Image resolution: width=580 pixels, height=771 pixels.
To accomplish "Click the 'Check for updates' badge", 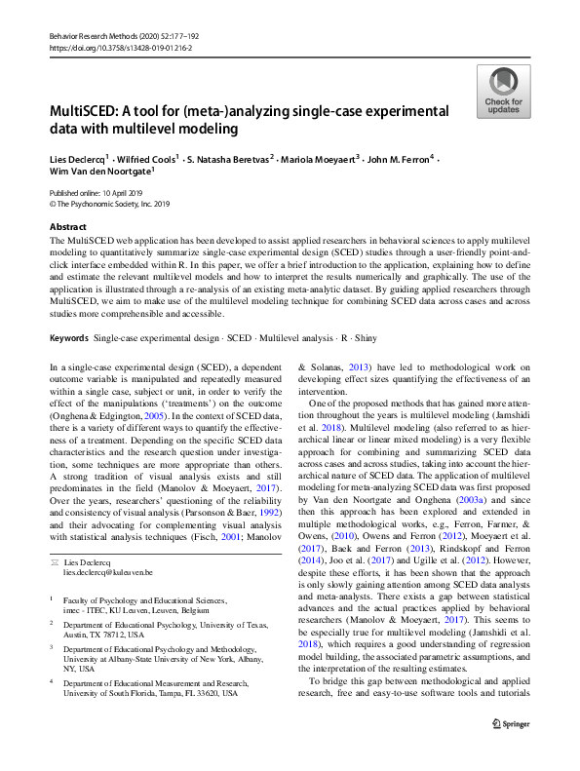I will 503,92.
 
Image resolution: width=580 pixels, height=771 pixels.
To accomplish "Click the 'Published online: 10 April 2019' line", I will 97,194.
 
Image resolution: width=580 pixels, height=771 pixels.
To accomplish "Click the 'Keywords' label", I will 70,338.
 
